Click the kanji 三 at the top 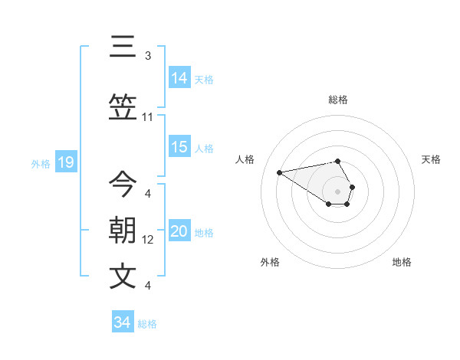click(123, 48)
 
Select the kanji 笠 click(123, 109)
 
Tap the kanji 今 click(123, 185)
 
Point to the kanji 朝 click(123, 231)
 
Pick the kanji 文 click(123, 277)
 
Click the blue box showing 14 click(179, 78)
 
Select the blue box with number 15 click(179, 148)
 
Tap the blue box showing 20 click(179, 232)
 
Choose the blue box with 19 click(65, 162)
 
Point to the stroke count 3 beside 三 click(148, 56)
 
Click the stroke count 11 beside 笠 click(148, 117)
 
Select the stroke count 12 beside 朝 click(148, 240)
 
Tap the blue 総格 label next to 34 click(147, 324)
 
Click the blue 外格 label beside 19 click(40, 163)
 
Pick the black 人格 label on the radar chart click(245, 159)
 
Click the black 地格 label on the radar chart click(402, 262)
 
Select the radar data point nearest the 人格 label click(280, 172)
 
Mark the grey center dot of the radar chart click(337, 191)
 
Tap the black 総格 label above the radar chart click(337, 100)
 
